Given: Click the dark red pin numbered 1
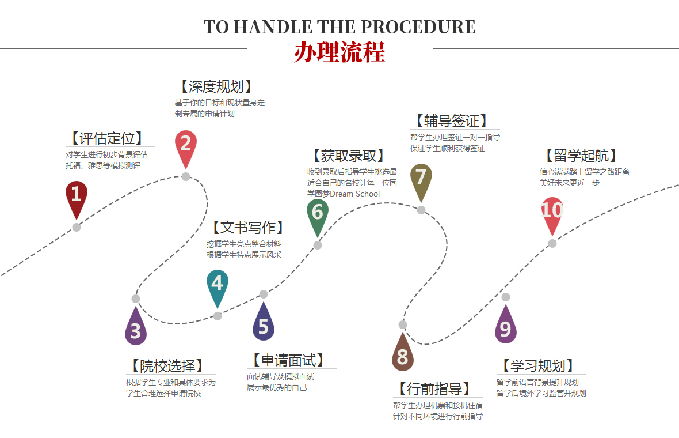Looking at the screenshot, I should click(76, 197).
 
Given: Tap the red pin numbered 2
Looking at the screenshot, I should click(185, 146).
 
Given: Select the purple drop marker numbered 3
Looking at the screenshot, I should click(136, 330).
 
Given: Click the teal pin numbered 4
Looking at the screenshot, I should click(217, 285).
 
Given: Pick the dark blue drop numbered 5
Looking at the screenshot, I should click(263, 325).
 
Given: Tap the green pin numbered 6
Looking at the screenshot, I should click(317, 214).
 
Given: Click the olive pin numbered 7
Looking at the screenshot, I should click(421, 179).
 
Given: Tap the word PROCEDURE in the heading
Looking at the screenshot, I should click(418, 27).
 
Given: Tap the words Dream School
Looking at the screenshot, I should click(355, 194).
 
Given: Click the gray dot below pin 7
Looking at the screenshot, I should click(421, 210).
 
